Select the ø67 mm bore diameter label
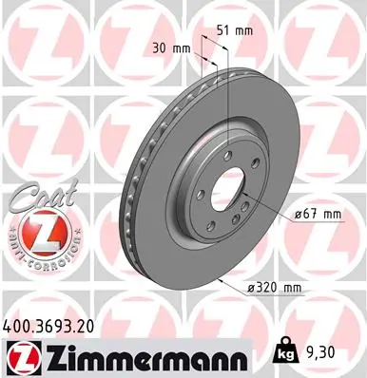tap(318, 214)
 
